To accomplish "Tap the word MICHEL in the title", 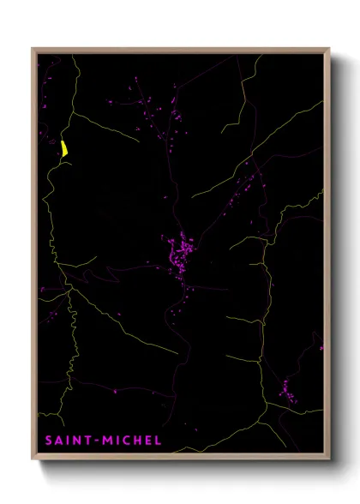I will pos(129,441).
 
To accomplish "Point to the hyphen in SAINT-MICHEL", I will pos(95,441).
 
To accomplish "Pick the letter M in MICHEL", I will pos(105,441).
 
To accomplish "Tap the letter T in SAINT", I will pos(87,441).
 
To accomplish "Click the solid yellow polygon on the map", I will pos(64,147).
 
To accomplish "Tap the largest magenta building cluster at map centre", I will pos(181,254).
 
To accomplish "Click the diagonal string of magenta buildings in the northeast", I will pos(244,184).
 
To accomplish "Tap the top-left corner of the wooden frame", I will pos(33,50).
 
